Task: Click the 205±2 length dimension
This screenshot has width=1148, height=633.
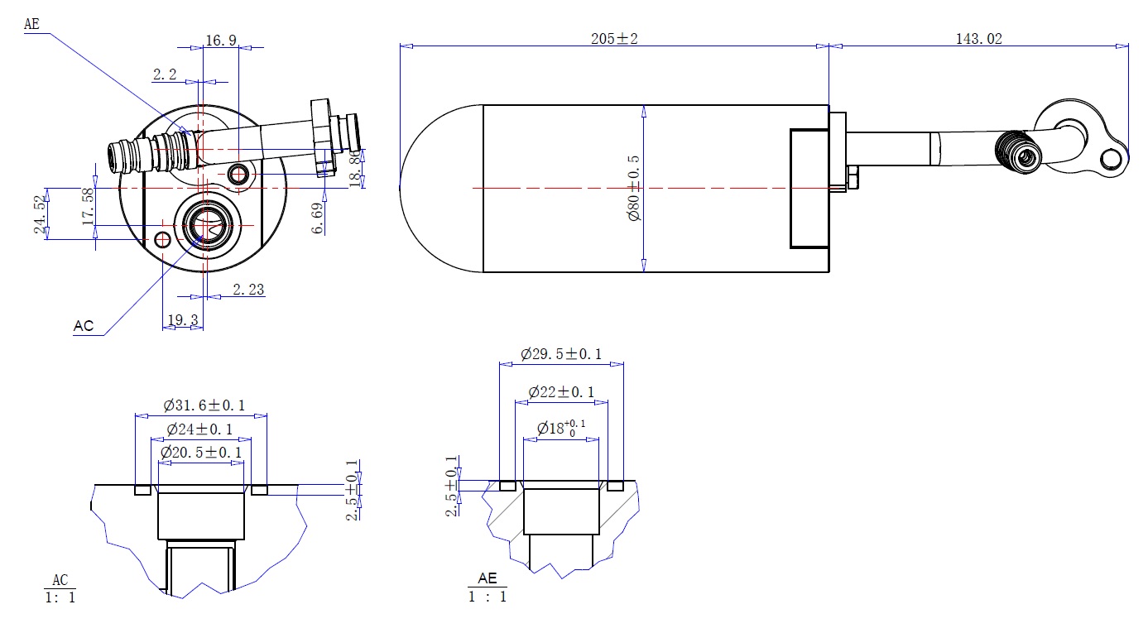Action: pyautogui.click(x=614, y=39)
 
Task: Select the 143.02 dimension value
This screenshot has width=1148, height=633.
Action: pyautogui.click(x=978, y=39)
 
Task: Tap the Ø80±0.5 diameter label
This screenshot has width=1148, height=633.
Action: pyautogui.click(x=634, y=188)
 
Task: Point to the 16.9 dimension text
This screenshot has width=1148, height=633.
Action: pyautogui.click(x=221, y=41)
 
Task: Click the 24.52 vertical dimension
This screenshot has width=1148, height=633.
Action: pyautogui.click(x=41, y=214)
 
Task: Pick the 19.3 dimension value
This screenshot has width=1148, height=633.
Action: pyautogui.click(x=183, y=320)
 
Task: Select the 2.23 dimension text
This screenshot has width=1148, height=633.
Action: pyautogui.click(x=248, y=290)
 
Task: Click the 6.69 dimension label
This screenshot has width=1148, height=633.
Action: pyautogui.click(x=318, y=218)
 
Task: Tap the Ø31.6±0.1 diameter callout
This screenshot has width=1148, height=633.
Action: pyautogui.click(x=204, y=405)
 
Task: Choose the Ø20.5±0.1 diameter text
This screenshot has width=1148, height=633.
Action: pyautogui.click(x=201, y=453)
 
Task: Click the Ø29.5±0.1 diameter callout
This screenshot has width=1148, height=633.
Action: pyautogui.click(x=560, y=353)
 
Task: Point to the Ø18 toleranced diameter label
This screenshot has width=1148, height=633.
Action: pyautogui.click(x=560, y=428)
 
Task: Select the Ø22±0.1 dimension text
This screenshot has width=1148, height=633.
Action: pyautogui.click(x=561, y=392)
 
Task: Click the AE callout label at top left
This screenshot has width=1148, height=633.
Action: pyautogui.click(x=31, y=24)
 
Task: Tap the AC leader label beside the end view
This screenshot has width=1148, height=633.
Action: pyautogui.click(x=84, y=326)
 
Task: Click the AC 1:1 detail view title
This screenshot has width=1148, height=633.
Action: pyautogui.click(x=60, y=588)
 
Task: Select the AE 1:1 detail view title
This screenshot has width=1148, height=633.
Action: pyautogui.click(x=487, y=587)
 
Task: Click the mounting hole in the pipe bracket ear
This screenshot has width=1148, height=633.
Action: pyautogui.click(x=1111, y=159)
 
